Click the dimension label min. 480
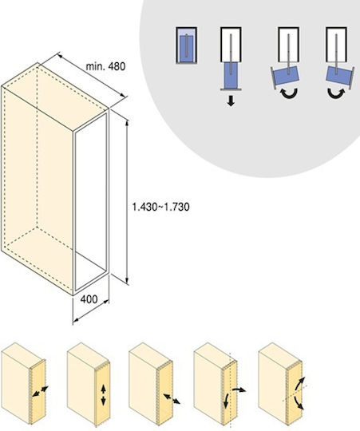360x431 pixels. (105, 66)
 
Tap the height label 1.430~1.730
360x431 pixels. (160, 207)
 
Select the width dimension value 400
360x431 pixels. (89, 299)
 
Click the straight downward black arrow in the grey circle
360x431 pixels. (231, 101)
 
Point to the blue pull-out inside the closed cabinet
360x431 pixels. (186, 48)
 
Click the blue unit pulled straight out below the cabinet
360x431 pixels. (231, 75)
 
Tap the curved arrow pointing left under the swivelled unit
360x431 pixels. (289, 94)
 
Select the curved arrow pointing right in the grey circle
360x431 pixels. (336, 93)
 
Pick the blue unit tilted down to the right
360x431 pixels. (338, 76)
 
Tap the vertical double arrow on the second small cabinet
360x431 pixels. (103, 395)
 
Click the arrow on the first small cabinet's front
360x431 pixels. (40, 391)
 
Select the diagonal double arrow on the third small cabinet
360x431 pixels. (172, 398)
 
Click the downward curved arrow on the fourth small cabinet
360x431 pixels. (226, 401)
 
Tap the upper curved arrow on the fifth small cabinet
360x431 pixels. (299, 383)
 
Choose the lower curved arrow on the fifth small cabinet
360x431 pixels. (299, 403)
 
